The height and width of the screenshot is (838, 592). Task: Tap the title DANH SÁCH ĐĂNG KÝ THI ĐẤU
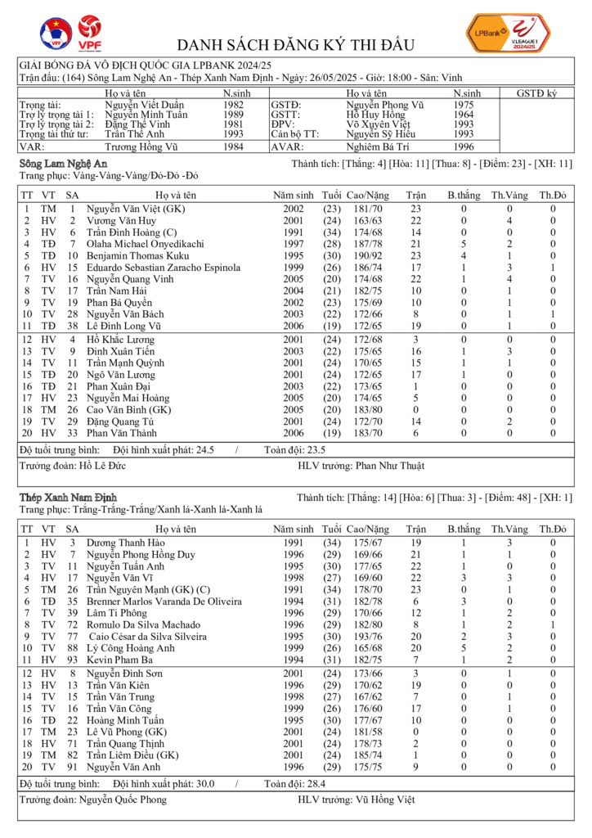(296, 44)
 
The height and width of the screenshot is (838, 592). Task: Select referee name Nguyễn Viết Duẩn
(145, 105)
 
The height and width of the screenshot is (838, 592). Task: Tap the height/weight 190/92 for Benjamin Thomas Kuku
(366, 256)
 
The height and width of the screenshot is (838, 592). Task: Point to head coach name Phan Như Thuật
(390, 466)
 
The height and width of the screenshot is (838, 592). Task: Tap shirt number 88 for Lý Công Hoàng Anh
(72, 647)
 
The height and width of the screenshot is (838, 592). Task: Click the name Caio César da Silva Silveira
(155, 636)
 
